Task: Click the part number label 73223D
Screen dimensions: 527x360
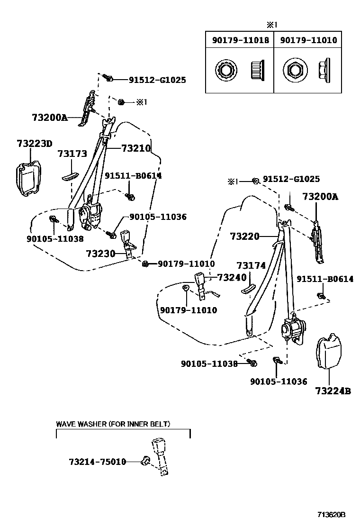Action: [35, 144]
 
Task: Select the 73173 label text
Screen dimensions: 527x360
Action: [72, 154]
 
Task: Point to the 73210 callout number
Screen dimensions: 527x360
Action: [135, 148]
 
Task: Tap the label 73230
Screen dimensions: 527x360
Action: [100, 254]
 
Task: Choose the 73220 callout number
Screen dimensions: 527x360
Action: [245, 236]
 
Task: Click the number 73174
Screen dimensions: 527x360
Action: [251, 266]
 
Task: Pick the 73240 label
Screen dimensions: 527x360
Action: [232, 278]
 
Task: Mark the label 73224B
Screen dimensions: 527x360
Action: [333, 391]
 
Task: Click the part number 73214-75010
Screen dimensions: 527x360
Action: [97, 461]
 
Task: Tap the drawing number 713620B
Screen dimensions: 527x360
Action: [332, 514]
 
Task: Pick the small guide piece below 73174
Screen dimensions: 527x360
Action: [248, 290]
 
